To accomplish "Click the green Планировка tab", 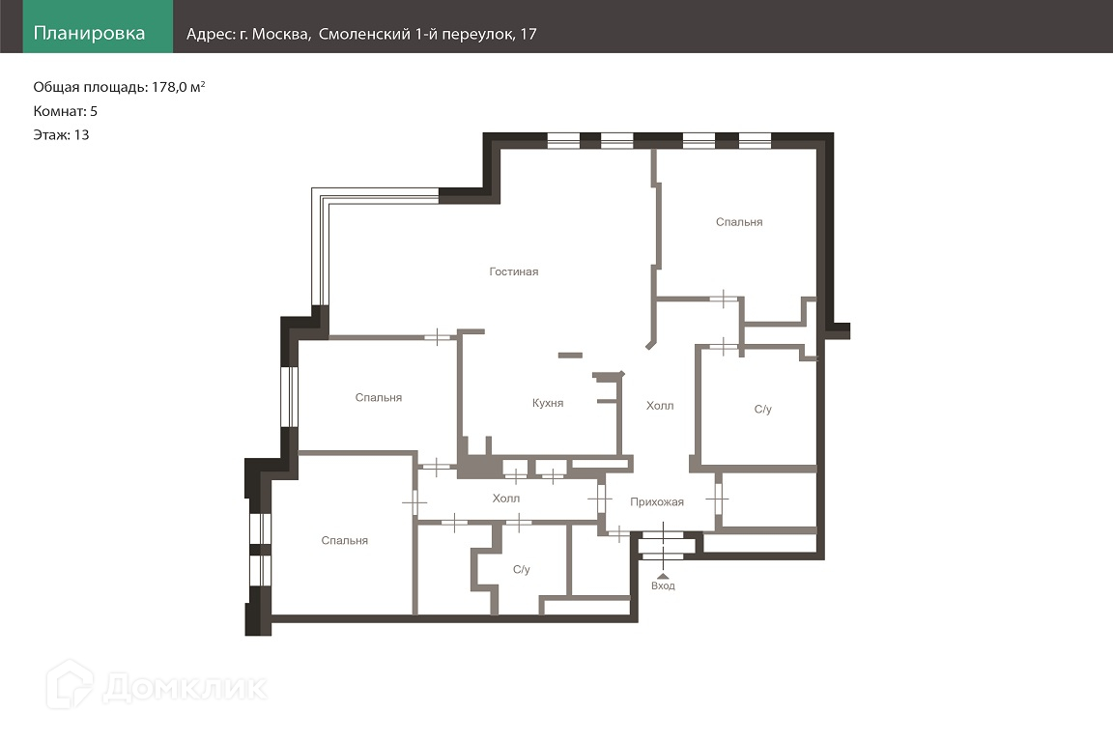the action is pyautogui.click(x=98, y=26).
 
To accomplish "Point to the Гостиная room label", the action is pyautogui.click(x=514, y=271).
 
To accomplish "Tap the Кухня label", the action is pyautogui.click(x=548, y=403).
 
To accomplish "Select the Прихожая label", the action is pyautogui.click(x=657, y=502).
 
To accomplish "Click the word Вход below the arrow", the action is pyautogui.click(x=663, y=585).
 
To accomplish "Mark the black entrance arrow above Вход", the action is pyautogui.click(x=663, y=576).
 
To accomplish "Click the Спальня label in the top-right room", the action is pyautogui.click(x=739, y=222).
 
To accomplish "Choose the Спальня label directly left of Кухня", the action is pyautogui.click(x=379, y=398).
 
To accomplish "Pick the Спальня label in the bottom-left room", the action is pyautogui.click(x=344, y=540).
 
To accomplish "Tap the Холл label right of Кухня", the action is pyautogui.click(x=660, y=406).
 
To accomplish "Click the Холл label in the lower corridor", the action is pyautogui.click(x=506, y=499).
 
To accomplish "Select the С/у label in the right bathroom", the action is pyautogui.click(x=763, y=409).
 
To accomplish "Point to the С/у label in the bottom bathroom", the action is pyautogui.click(x=522, y=569).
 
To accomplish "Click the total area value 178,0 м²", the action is pyautogui.click(x=178, y=87).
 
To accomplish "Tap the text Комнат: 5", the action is pyautogui.click(x=66, y=111).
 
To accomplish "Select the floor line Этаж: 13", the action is pyautogui.click(x=61, y=135).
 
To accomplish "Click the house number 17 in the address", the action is pyautogui.click(x=528, y=34).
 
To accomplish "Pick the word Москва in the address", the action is pyautogui.click(x=281, y=34).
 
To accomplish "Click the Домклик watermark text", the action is pyautogui.click(x=185, y=687).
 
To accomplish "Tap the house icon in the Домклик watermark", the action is pyautogui.click(x=70, y=684).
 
